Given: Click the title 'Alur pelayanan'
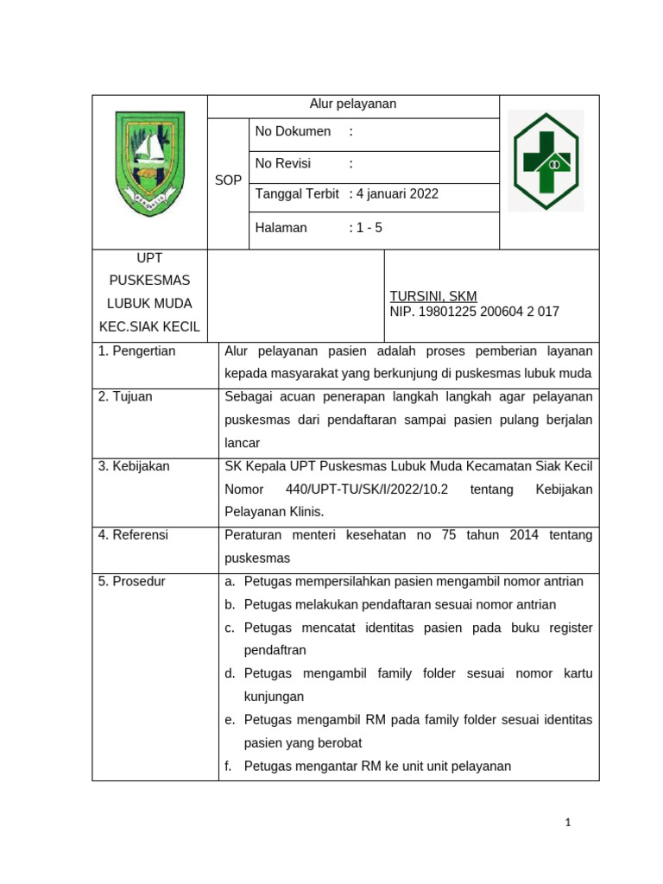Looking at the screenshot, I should pos(352,104).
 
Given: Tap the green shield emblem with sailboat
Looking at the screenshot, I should pos(150,165).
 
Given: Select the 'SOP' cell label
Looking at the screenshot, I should pos(228,180).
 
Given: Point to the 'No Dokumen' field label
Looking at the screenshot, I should pos(293,131).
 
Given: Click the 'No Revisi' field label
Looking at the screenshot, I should pos(283,163).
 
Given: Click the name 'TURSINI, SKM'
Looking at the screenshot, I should pos(433,296).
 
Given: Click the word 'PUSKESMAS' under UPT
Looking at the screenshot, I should pos(149,281).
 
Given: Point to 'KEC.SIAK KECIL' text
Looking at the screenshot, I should pos(149,326).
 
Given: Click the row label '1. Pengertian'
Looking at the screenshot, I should pos(136,350).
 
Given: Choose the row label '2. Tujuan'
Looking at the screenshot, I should pos(126,396).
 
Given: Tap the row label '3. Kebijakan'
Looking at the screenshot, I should pos(134,466).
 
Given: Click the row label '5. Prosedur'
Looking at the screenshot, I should pos(131,581).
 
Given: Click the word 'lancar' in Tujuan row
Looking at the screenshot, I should pos(242,443).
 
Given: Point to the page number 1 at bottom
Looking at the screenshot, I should pos(568,823).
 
